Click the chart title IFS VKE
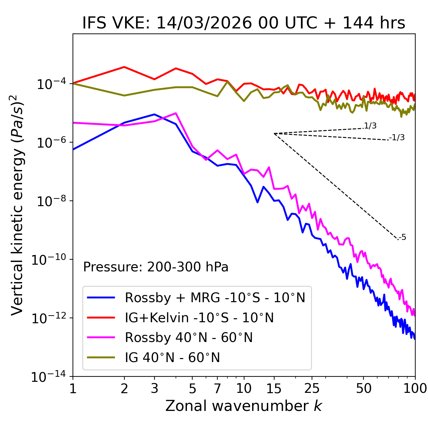point(244,23)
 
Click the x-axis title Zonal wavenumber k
point(243,406)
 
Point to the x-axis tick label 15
point(274,389)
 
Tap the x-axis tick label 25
point(312,389)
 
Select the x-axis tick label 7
point(217,389)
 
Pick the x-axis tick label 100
point(415,389)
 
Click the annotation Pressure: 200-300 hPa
point(156,267)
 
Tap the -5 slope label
point(402,238)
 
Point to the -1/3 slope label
point(397,138)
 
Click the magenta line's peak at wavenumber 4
point(176,113)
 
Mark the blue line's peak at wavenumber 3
point(154,114)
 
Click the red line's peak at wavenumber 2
point(124,67)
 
